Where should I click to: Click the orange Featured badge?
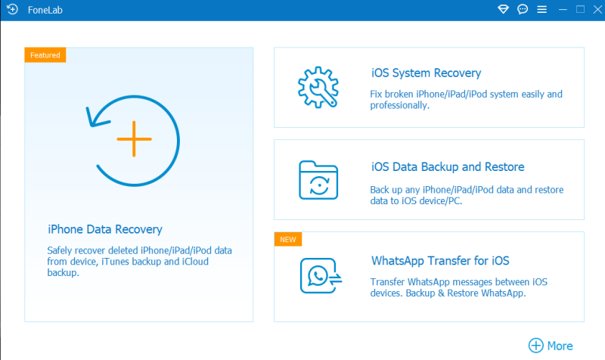45,54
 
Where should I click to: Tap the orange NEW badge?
288,239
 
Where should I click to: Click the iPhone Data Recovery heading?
105,229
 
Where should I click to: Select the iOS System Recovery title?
426,73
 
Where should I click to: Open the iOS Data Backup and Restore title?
448,166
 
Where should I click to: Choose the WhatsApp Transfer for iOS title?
440,261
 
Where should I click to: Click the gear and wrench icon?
318,87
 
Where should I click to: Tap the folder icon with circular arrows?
318,180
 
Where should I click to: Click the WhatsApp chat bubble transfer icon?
321,275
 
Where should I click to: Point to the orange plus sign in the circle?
134,139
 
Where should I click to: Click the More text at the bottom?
560,346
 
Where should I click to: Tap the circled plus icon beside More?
536,346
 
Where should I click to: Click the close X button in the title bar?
597,9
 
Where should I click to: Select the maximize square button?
580,9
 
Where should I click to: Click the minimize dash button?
563,9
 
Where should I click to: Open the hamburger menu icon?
541,9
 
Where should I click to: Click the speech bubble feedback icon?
523,9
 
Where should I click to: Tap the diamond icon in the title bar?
503,9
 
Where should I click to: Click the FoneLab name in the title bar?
45,10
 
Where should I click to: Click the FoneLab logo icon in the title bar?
12,9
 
